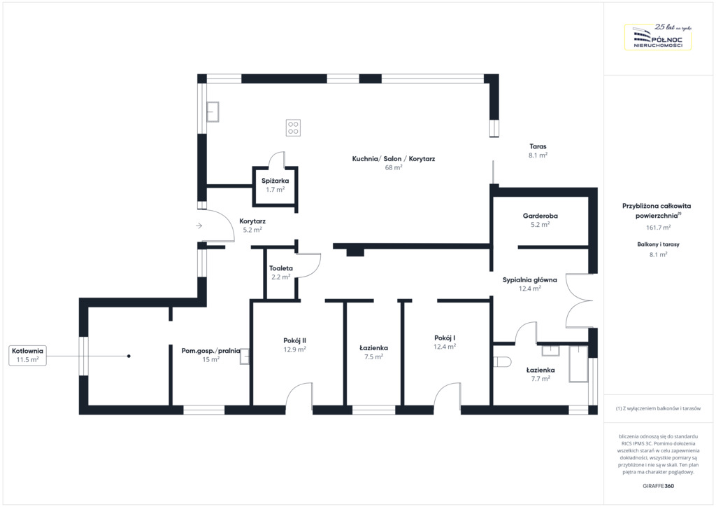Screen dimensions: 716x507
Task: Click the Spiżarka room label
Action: pos(275,181)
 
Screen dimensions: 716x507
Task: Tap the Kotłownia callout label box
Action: pos(28,355)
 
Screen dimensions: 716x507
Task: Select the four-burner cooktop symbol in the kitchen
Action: pos(293,127)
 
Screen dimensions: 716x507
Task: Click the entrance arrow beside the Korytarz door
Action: pos(199,226)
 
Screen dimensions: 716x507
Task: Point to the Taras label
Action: pos(538,146)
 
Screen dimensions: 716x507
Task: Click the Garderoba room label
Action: pos(540,216)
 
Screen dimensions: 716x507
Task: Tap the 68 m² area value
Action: pos(394,167)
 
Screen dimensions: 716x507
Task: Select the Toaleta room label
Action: pos(281,268)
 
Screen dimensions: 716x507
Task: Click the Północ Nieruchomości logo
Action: pos(657,37)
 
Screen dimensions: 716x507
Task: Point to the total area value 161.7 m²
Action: pos(659,227)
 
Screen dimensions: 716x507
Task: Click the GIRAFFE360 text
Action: pos(658,486)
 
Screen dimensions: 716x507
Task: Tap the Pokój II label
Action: pos(294,340)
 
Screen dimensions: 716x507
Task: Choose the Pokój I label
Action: pos(445,338)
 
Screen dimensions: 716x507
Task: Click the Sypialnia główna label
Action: pos(530,280)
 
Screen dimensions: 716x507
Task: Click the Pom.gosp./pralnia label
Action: pos(211,351)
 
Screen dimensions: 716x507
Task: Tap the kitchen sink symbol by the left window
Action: pos(213,111)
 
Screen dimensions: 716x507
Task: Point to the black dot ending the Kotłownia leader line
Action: pos(129,356)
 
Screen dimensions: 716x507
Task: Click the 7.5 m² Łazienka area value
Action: pos(373,356)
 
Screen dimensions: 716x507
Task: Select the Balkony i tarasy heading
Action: pos(659,244)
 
